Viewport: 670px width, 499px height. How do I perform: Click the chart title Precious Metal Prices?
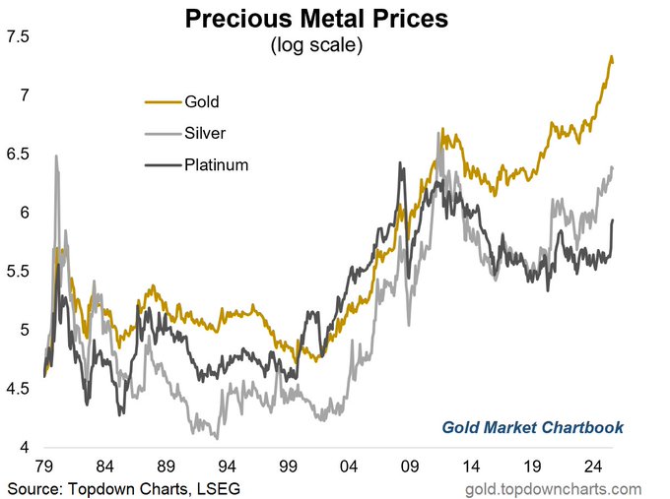(335, 20)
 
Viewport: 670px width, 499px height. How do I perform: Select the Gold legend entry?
(201, 101)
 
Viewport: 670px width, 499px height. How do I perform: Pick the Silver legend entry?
(205, 133)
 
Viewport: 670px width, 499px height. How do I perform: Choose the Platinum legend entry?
(216, 164)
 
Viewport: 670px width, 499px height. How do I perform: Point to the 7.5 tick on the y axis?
(19, 37)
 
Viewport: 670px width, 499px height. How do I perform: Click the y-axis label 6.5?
(19, 155)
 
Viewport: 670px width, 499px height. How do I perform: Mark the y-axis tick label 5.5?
(19, 272)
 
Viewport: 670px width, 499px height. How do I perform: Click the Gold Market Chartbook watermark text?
(532, 427)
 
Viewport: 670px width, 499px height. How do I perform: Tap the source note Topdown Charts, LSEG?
(122, 488)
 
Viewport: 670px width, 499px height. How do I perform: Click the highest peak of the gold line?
(611, 57)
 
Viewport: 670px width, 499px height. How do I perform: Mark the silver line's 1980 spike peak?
(56, 156)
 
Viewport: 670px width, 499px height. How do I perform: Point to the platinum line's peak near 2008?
(400, 163)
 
